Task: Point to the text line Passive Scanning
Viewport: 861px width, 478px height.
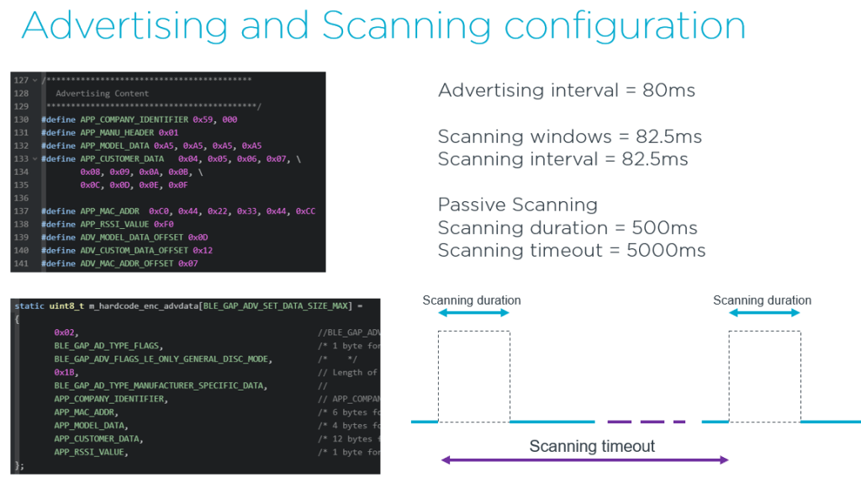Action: pos(518,204)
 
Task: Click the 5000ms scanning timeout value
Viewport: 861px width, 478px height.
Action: pos(667,250)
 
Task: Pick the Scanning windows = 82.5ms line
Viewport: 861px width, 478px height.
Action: pos(569,136)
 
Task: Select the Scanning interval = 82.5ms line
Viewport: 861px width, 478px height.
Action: pos(563,159)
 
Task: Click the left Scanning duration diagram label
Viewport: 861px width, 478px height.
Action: pos(472,300)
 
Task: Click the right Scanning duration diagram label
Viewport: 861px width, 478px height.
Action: pos(762,300)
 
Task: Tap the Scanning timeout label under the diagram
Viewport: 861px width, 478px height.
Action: pos(592,446)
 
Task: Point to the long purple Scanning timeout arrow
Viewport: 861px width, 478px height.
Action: pos(584,460)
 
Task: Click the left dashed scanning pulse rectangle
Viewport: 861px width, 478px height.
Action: pos(473,375)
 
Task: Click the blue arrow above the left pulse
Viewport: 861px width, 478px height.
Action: pos(473,313)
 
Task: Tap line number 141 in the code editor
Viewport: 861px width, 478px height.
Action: pos(22,263)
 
